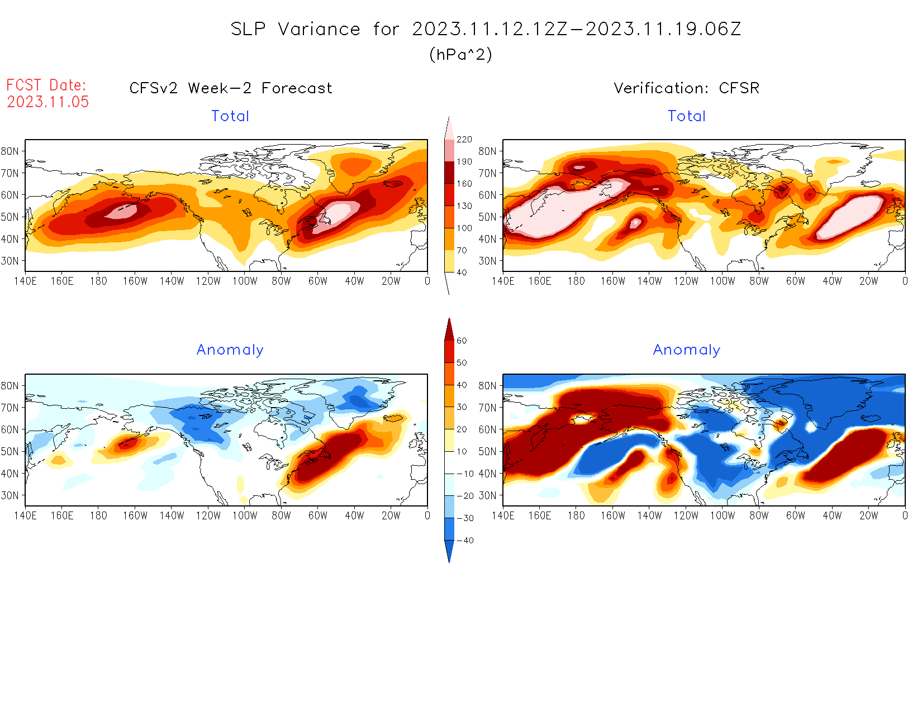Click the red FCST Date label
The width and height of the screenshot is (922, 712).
(46, 85)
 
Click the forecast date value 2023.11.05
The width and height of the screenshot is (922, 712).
(48, 102)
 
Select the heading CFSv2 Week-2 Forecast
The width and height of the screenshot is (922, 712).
(231, 88)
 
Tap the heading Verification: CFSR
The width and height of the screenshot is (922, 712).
(686, 88)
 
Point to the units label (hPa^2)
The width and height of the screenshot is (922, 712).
(460, 54)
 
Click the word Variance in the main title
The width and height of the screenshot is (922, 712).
(319, 29)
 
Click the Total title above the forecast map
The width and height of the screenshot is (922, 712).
(230, 116)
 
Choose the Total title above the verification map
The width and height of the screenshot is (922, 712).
(687, 116)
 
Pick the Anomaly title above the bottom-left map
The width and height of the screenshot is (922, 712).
(230, 350)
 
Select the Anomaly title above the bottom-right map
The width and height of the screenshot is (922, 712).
(687, 350)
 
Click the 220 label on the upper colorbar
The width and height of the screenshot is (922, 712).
(464, 140)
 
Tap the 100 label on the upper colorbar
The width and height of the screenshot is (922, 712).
(464, 228)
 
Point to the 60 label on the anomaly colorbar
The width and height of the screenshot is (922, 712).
(462, 341)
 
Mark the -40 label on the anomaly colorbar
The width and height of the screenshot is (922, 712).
(465, 541)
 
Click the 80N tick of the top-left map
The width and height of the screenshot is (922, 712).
(10, 151)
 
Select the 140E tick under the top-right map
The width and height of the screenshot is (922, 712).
(503, 281)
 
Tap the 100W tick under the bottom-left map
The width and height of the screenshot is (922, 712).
(245, 516)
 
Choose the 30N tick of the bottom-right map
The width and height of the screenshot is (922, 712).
(487, 496)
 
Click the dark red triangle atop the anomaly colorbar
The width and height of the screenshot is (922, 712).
(449, 329)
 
